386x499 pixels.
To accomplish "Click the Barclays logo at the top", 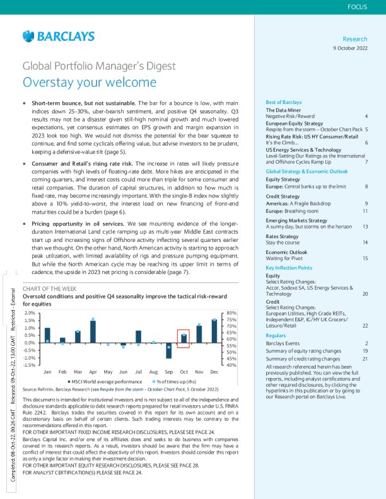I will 58,36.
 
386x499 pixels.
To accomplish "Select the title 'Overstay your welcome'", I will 89,82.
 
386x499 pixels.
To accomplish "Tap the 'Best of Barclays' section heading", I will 284,101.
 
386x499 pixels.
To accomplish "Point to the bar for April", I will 93,331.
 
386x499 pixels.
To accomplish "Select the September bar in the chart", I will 168,350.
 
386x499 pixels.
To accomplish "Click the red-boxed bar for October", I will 184,338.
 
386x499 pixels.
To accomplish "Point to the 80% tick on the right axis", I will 231,313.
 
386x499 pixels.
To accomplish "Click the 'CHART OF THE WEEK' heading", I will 50,289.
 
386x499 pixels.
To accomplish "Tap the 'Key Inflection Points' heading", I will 289,268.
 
